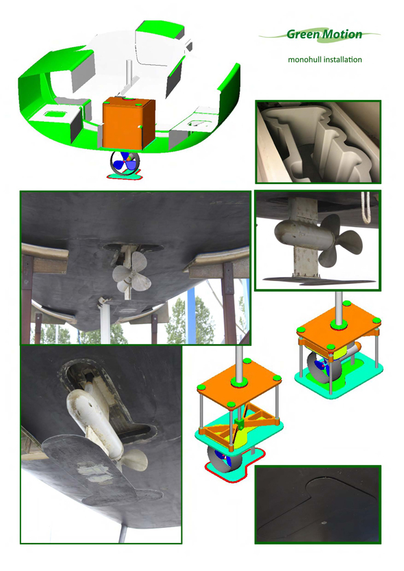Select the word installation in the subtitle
point(344,59)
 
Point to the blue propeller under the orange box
point(125,163)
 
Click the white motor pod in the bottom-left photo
point(90,418)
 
